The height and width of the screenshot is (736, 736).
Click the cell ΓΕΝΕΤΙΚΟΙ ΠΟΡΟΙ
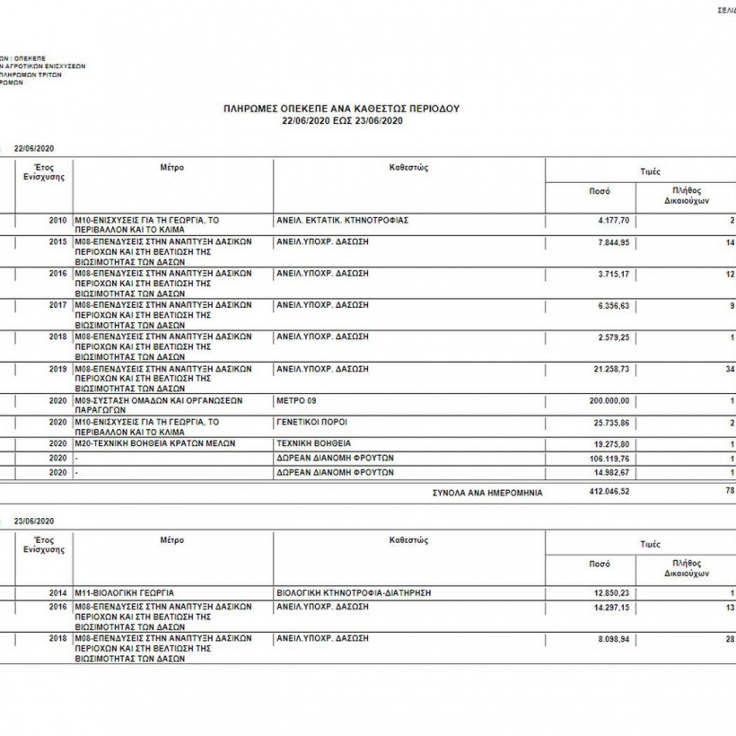click(x=311, y=421)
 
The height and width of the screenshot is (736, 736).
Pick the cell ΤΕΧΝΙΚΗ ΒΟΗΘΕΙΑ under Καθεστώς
click(x=314, y=443)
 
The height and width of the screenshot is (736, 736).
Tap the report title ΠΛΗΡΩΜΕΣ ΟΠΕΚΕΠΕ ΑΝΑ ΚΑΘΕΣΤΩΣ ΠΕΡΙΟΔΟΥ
click(x=341, y=108)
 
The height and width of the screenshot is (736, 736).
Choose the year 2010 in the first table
click(x=58, y=220)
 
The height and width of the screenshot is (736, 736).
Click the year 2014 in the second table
click(x=58, y=593)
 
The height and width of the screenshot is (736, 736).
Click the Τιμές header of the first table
click(x=651, y=171)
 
